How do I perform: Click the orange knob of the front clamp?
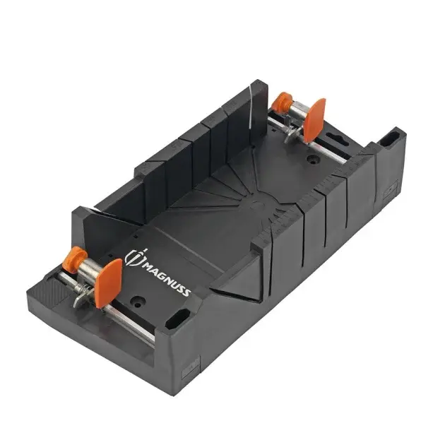74,259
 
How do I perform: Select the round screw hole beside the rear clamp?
311,160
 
